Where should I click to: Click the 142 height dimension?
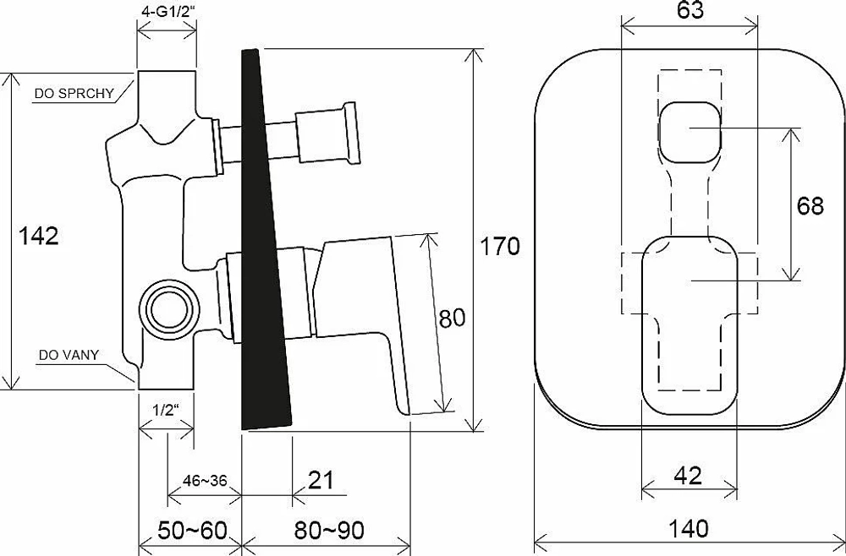coord(38,236)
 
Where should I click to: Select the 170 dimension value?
coord(500,246)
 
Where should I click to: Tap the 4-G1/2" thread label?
coord(167,12)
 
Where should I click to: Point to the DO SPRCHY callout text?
coord(74,93)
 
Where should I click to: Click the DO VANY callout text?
coord(69,355)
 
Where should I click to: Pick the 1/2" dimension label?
coord(166,411)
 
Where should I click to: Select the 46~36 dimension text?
coord(205,480)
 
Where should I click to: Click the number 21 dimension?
coord(321,480)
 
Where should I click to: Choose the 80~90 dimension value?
coord(329,531)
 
